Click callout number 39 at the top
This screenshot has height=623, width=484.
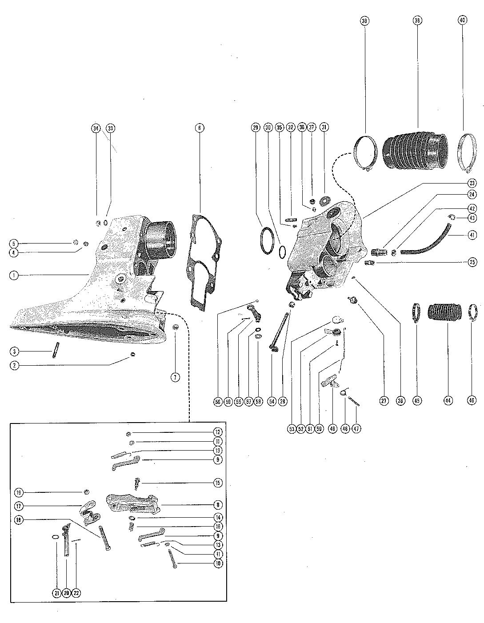pos(364,21)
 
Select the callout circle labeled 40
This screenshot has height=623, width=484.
pos(462,21)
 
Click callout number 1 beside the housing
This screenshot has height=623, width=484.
pos(15,275)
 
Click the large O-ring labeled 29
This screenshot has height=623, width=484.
pos(268,241)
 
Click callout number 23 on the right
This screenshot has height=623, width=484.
pos(472,183)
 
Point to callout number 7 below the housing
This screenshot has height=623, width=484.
pos(175,377)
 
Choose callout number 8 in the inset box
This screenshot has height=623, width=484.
pos(217,504)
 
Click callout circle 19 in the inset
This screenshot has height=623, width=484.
pos(19,492)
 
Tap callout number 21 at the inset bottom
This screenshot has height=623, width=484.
pos(56,593)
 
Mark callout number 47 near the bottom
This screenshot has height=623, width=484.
pos(356,428)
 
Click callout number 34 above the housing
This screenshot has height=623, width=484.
pos(96,128)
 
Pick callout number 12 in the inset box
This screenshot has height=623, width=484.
pos(217,431)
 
